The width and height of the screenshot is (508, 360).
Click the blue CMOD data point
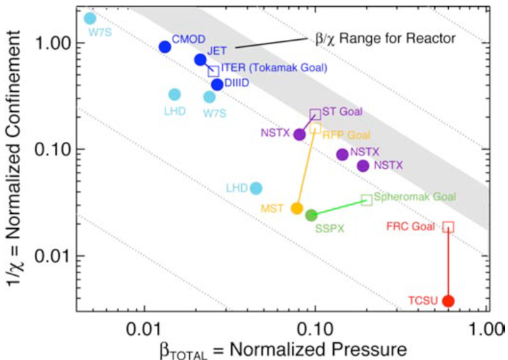tap(165, 47)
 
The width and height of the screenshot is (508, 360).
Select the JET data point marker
tap(200, 60)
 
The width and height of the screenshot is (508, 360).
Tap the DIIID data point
tap(218, 85)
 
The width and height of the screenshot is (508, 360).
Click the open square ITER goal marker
tap(213, 71)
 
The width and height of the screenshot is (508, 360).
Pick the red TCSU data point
tap(448, 301)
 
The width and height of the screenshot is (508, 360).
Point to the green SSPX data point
tap(311, 215)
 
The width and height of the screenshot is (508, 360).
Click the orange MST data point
tap(298, 208)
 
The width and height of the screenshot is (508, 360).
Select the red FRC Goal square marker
tap(448, 227)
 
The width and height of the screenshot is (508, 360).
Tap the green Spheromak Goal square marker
tap(367, 200)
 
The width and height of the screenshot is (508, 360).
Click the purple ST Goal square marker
tap(315, 113)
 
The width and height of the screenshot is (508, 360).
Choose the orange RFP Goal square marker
tap(315, 128)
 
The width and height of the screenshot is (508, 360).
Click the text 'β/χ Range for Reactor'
tap(385, 40)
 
